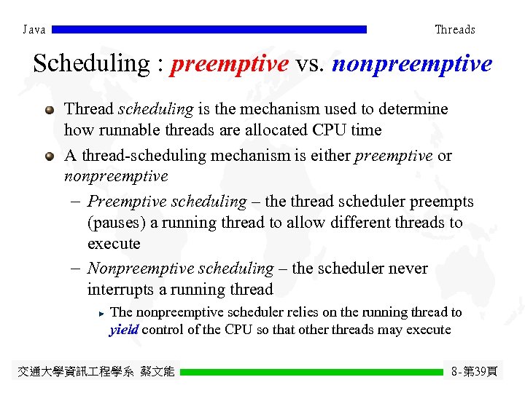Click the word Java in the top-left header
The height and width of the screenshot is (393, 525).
click(34, 30)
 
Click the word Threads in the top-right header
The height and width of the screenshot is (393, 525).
click(454, 30)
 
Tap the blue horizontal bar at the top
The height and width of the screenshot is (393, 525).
click(209, 30)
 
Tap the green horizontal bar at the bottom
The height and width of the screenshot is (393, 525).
click(311, 372)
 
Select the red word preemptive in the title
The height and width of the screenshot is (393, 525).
click(230, 64)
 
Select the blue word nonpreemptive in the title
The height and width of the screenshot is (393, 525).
click(412, 64)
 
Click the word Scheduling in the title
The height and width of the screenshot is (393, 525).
click(90, 64)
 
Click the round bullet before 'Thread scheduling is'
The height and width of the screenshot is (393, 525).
click(49, 110)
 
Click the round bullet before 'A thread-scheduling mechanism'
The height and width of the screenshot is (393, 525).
click(49, 156)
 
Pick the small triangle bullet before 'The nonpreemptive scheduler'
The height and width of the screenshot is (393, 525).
click(101, 313)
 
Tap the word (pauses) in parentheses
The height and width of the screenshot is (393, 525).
click(116, 223)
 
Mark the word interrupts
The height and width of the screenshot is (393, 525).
click(121, 290)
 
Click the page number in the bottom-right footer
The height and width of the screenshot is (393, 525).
click(474, 372)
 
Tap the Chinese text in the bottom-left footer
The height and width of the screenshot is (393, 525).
click(96, 372)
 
